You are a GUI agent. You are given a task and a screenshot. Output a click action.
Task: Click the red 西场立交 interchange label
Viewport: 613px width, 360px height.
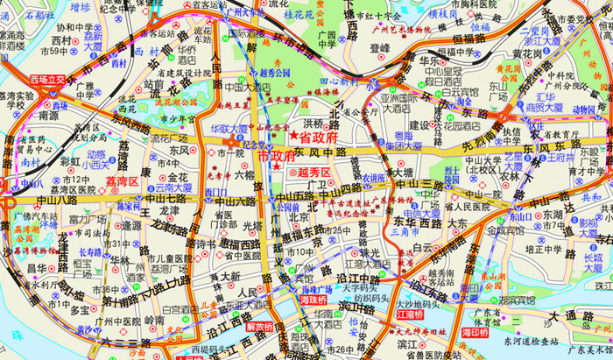[x=48, y=80]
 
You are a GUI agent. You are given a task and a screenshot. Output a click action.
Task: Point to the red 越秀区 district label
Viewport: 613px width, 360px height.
[x=316, y=173]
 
